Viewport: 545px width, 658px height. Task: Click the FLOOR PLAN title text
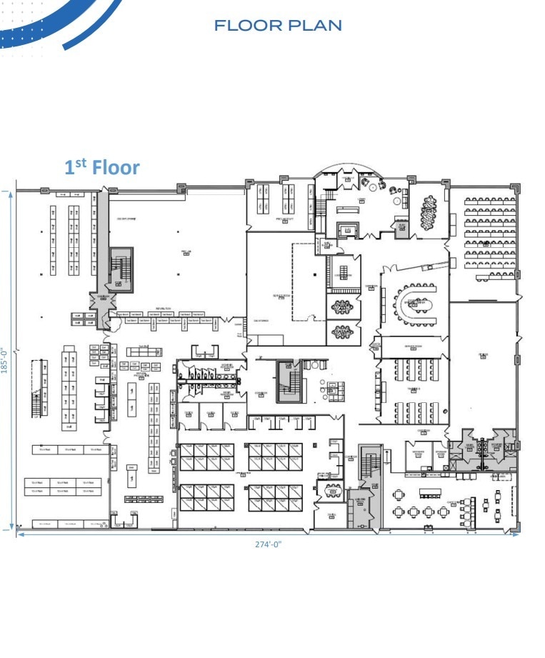click(x=279, y=26)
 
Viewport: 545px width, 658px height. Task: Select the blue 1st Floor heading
click(x=102, y=168)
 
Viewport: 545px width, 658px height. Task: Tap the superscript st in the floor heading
click(x=81, y=163)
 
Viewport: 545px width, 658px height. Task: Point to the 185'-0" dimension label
click(x=4, y=360)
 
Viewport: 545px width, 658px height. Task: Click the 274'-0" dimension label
click(x=269, y=544)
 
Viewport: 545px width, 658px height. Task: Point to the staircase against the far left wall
click(x=36, y=405)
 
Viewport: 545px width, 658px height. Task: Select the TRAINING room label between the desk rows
click(x=414, y=389)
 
